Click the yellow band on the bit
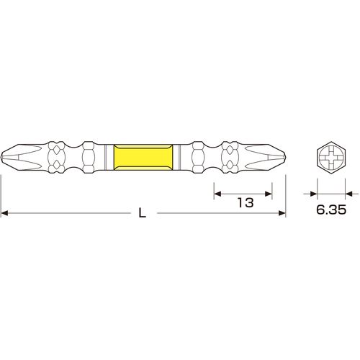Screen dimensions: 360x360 point(143,157)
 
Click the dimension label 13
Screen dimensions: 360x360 point(246,202)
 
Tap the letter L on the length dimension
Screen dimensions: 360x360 point(143,212)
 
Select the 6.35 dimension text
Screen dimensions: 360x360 point(331,210)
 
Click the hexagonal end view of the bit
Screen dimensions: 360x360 point(331,158)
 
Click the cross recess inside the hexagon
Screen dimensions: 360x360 point(331,158)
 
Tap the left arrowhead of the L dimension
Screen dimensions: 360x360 point(4,213)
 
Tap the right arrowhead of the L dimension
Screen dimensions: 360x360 point(282,213)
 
